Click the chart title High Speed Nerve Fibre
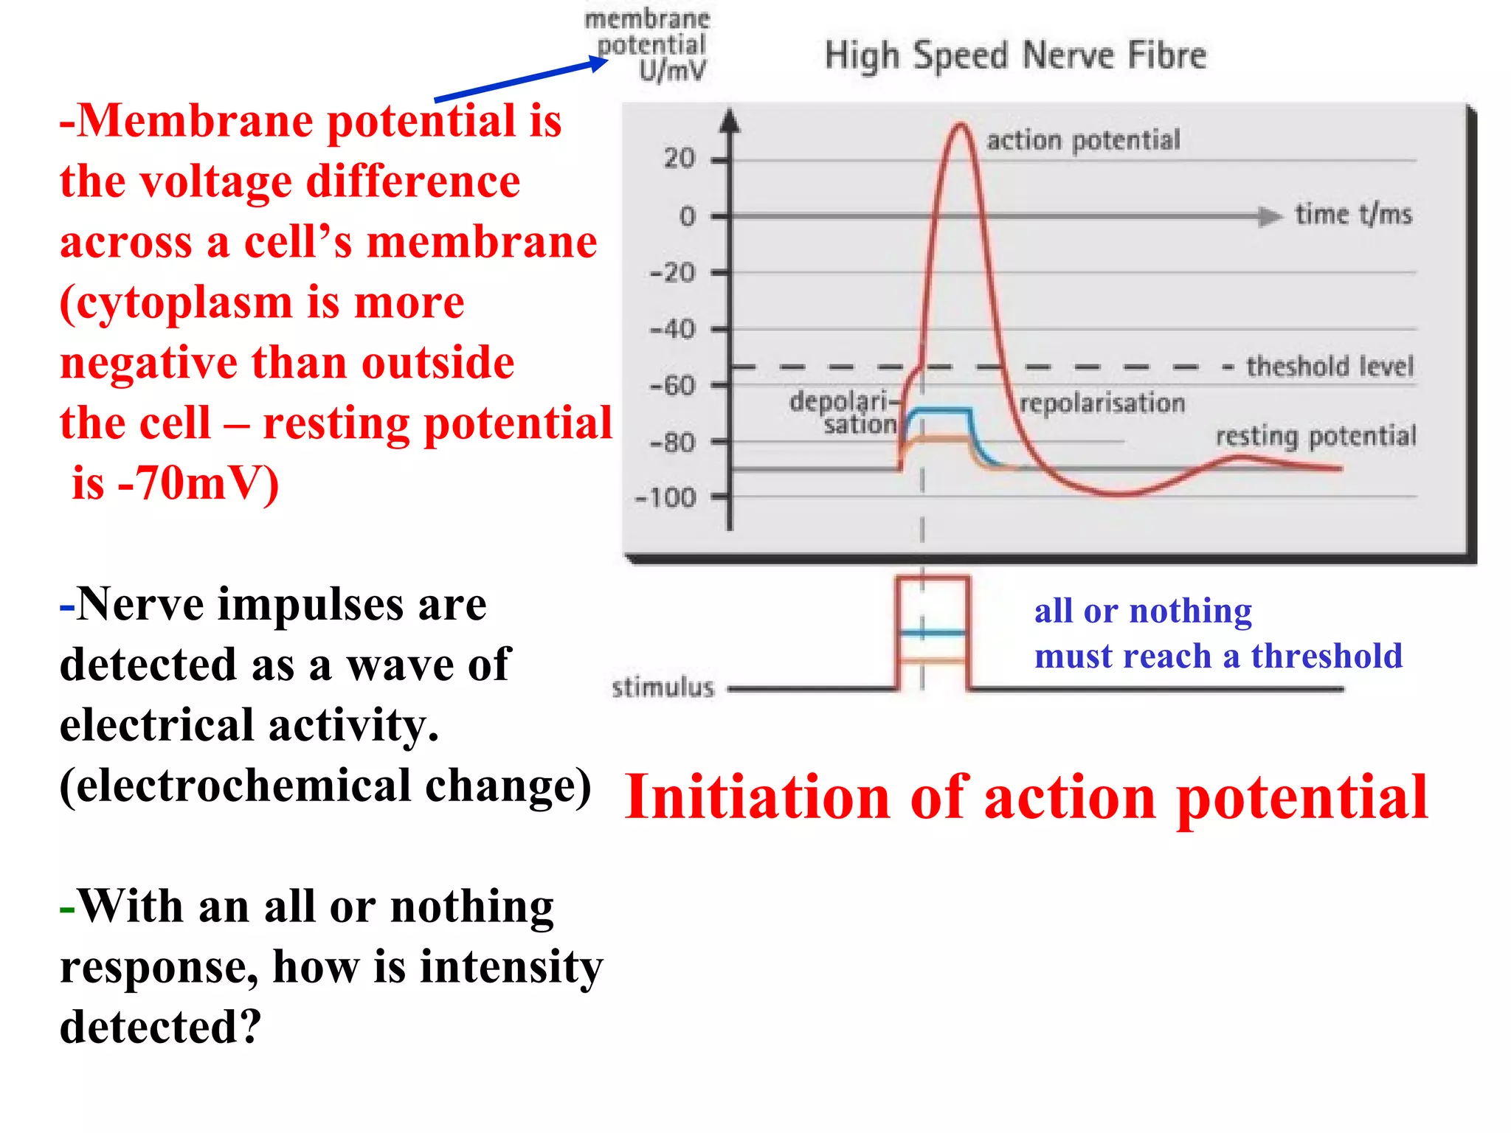pyautogui.click(x=1015, y=56)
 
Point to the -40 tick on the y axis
pyautogui.click(x=672, y=329)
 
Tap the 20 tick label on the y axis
pyautogui.click(x=679, y=159)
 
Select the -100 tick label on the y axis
pyautogui.click(x=665, y=498)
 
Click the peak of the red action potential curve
pyautogui.click(x=960, y=125)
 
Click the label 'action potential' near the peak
pyautogui.click(x=1083, y=140)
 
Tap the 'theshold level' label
pyautogui.click(x=1330, y=367)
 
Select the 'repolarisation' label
pyautogui.click(x=1102, y=403)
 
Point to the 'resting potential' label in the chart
pyautogui.click(x=1315, y=436)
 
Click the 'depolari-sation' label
pyautogui.click(x=843, y=413)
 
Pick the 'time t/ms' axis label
pyautogui.click(x=1353, y=215)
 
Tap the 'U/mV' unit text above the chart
pyautogui.click(x=672, y=71)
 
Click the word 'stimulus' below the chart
pyautogui.click(x=663, y=687)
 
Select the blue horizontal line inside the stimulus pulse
pyautogui.click(x=933, y=633)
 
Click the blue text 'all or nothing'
pyautogui.click(x=1143, y=611)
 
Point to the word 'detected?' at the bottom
pyautogui.click(x=161, y=1027)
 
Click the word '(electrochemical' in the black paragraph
pyautogui.click(x=235, y=786)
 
